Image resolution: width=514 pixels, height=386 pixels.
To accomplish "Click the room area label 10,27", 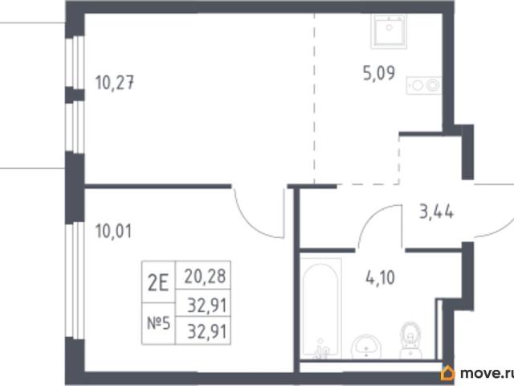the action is pyautogui.click(x=115, y=82).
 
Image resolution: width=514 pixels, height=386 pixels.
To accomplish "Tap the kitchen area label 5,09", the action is pyautogui.click(x=379, y=72).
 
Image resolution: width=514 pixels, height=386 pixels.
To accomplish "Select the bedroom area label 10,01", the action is pyautogui.click(x=113, y=231).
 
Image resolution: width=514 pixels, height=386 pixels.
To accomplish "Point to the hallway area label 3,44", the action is pyautogui.click(x=437, y=211).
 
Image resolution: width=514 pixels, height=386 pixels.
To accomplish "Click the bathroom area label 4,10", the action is pyautogui.click(x=380, y=278).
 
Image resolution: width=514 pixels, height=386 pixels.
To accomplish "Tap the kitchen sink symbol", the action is pyautogui.click(x=389, y=31).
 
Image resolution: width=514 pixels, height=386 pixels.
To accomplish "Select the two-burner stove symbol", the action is pyautogui.click(x=424, y=85).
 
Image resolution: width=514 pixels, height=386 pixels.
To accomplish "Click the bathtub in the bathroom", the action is pyautogui.click(x=321, y=309).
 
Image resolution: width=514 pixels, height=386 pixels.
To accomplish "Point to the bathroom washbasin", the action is pyautogui.click(x=366, y=347).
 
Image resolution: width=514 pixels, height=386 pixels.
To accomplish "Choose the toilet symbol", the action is pyautogui.click(x=410, y=340).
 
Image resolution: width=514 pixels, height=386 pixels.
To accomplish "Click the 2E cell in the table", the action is pyautogui.click(x=158, y=282).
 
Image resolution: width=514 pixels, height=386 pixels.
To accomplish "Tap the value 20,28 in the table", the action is pyautogui.click(x=205, y=276).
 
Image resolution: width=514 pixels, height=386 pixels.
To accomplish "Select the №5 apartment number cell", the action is pyautogui.click(x=159, y=323).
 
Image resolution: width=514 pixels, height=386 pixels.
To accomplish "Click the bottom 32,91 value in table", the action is pyautogui.click(x=207, y=331).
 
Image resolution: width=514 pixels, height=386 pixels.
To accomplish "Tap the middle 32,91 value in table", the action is pyautogui.click(x=207, y=306).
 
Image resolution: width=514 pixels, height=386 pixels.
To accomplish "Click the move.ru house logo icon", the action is pyautogui.click(x=447, y=373).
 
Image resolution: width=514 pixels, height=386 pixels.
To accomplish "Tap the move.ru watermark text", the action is pyautogui.click(x=487, y=373).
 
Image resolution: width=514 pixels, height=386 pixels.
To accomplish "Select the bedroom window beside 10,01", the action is pyautogui.click(x=75, y=281).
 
